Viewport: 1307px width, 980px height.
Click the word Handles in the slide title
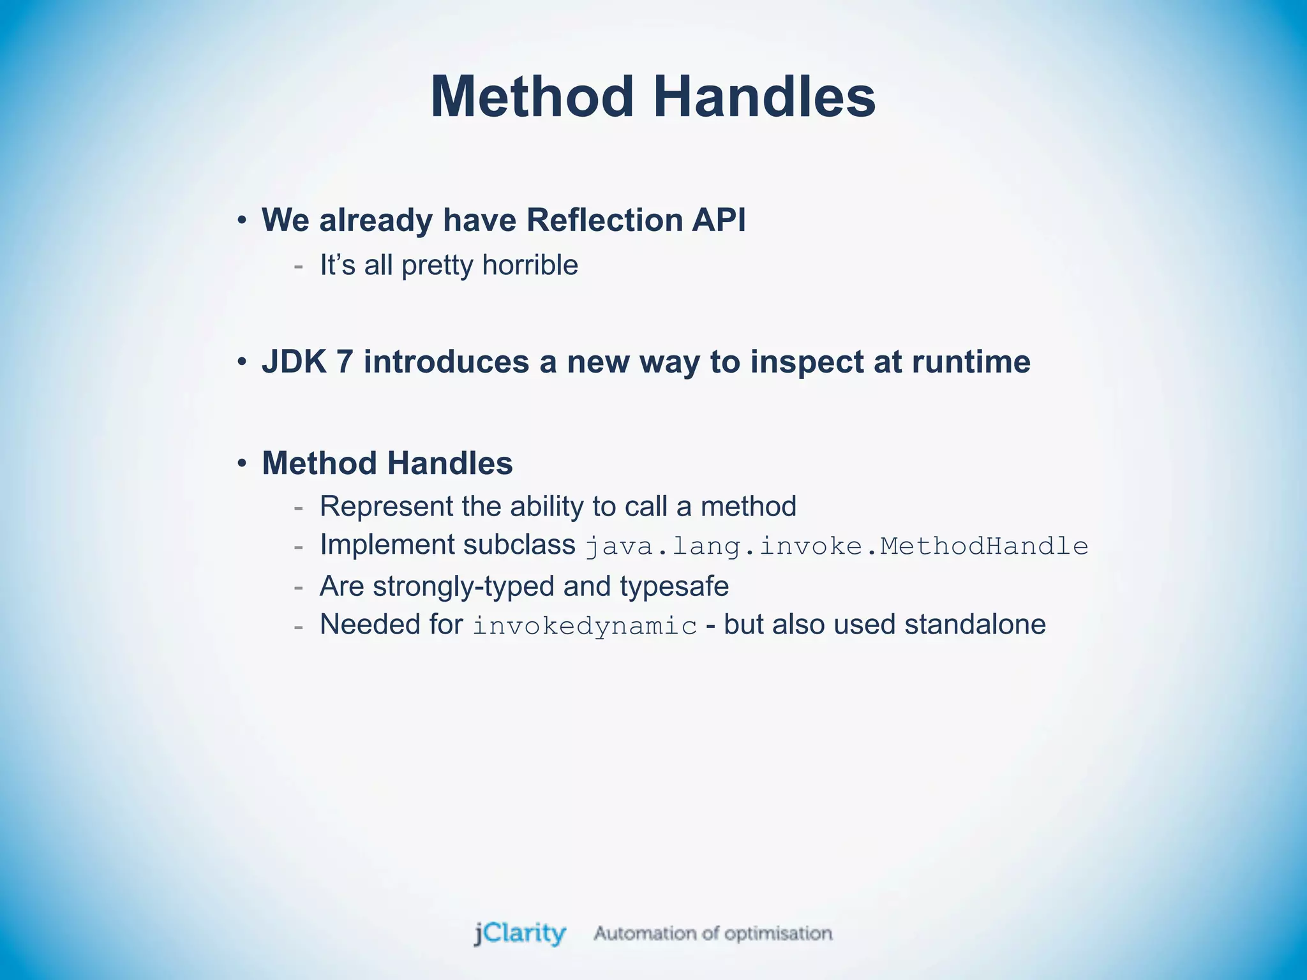[x=765, y=97]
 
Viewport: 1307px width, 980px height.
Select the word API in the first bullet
[x=719, y=220]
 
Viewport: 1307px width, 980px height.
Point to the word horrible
[x=530, y=265]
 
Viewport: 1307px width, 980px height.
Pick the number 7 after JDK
[x=344, y=362]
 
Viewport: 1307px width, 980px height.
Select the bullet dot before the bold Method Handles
[x=241, y=463]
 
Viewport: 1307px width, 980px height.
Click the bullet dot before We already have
[x=241, y=221]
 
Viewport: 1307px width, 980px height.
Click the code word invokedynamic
[x=585, y=626]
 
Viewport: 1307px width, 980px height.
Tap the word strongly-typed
[x=464, y=586]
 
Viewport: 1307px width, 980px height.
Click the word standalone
[x=975, y=625]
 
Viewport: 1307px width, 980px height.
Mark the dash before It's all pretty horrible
[x=298, y=266]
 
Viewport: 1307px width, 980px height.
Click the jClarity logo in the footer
[x=519, y=933]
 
